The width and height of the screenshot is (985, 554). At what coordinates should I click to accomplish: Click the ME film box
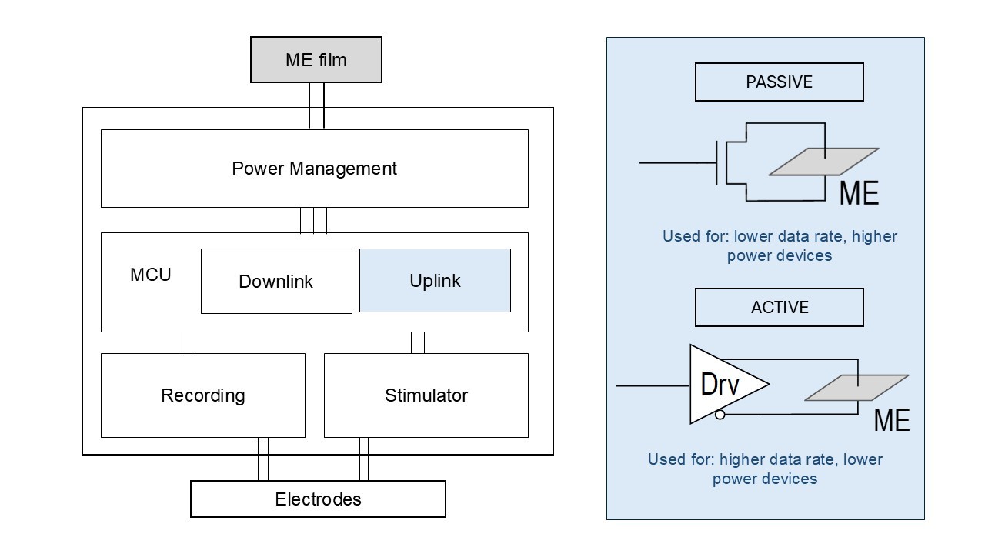pos(316,59)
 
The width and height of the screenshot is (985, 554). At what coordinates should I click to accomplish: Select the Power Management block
pos(314,169)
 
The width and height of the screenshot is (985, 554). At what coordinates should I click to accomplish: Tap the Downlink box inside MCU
pos(276,281)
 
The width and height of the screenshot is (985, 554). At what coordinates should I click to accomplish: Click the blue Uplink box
pos(435,280)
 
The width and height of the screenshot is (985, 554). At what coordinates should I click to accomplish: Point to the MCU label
pos(151,275)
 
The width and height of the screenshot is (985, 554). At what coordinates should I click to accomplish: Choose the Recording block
pos(202,395)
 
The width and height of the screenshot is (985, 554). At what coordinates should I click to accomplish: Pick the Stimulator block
pos(426,395)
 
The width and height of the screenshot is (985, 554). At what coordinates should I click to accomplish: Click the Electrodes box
pos(318,499)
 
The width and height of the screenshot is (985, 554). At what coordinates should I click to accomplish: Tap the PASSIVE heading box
pos(779,82)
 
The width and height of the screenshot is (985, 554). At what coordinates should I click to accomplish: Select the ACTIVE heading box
pos(779,307)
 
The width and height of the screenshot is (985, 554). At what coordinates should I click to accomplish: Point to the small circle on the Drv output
pos(720,415)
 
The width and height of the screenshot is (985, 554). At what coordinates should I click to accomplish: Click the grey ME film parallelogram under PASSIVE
pos(823,162)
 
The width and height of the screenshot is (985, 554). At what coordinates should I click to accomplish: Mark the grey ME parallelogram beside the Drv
pos(856,388)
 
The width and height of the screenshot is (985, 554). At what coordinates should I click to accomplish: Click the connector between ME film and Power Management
pos(316,105)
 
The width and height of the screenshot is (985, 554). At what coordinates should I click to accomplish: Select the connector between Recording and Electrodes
pos(263,459)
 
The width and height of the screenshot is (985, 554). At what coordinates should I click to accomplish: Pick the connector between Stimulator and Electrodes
pos(364,459)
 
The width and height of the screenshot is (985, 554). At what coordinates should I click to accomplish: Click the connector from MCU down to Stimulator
pos(418,342)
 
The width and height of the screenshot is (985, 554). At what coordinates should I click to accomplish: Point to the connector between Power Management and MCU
pos(314,220)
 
